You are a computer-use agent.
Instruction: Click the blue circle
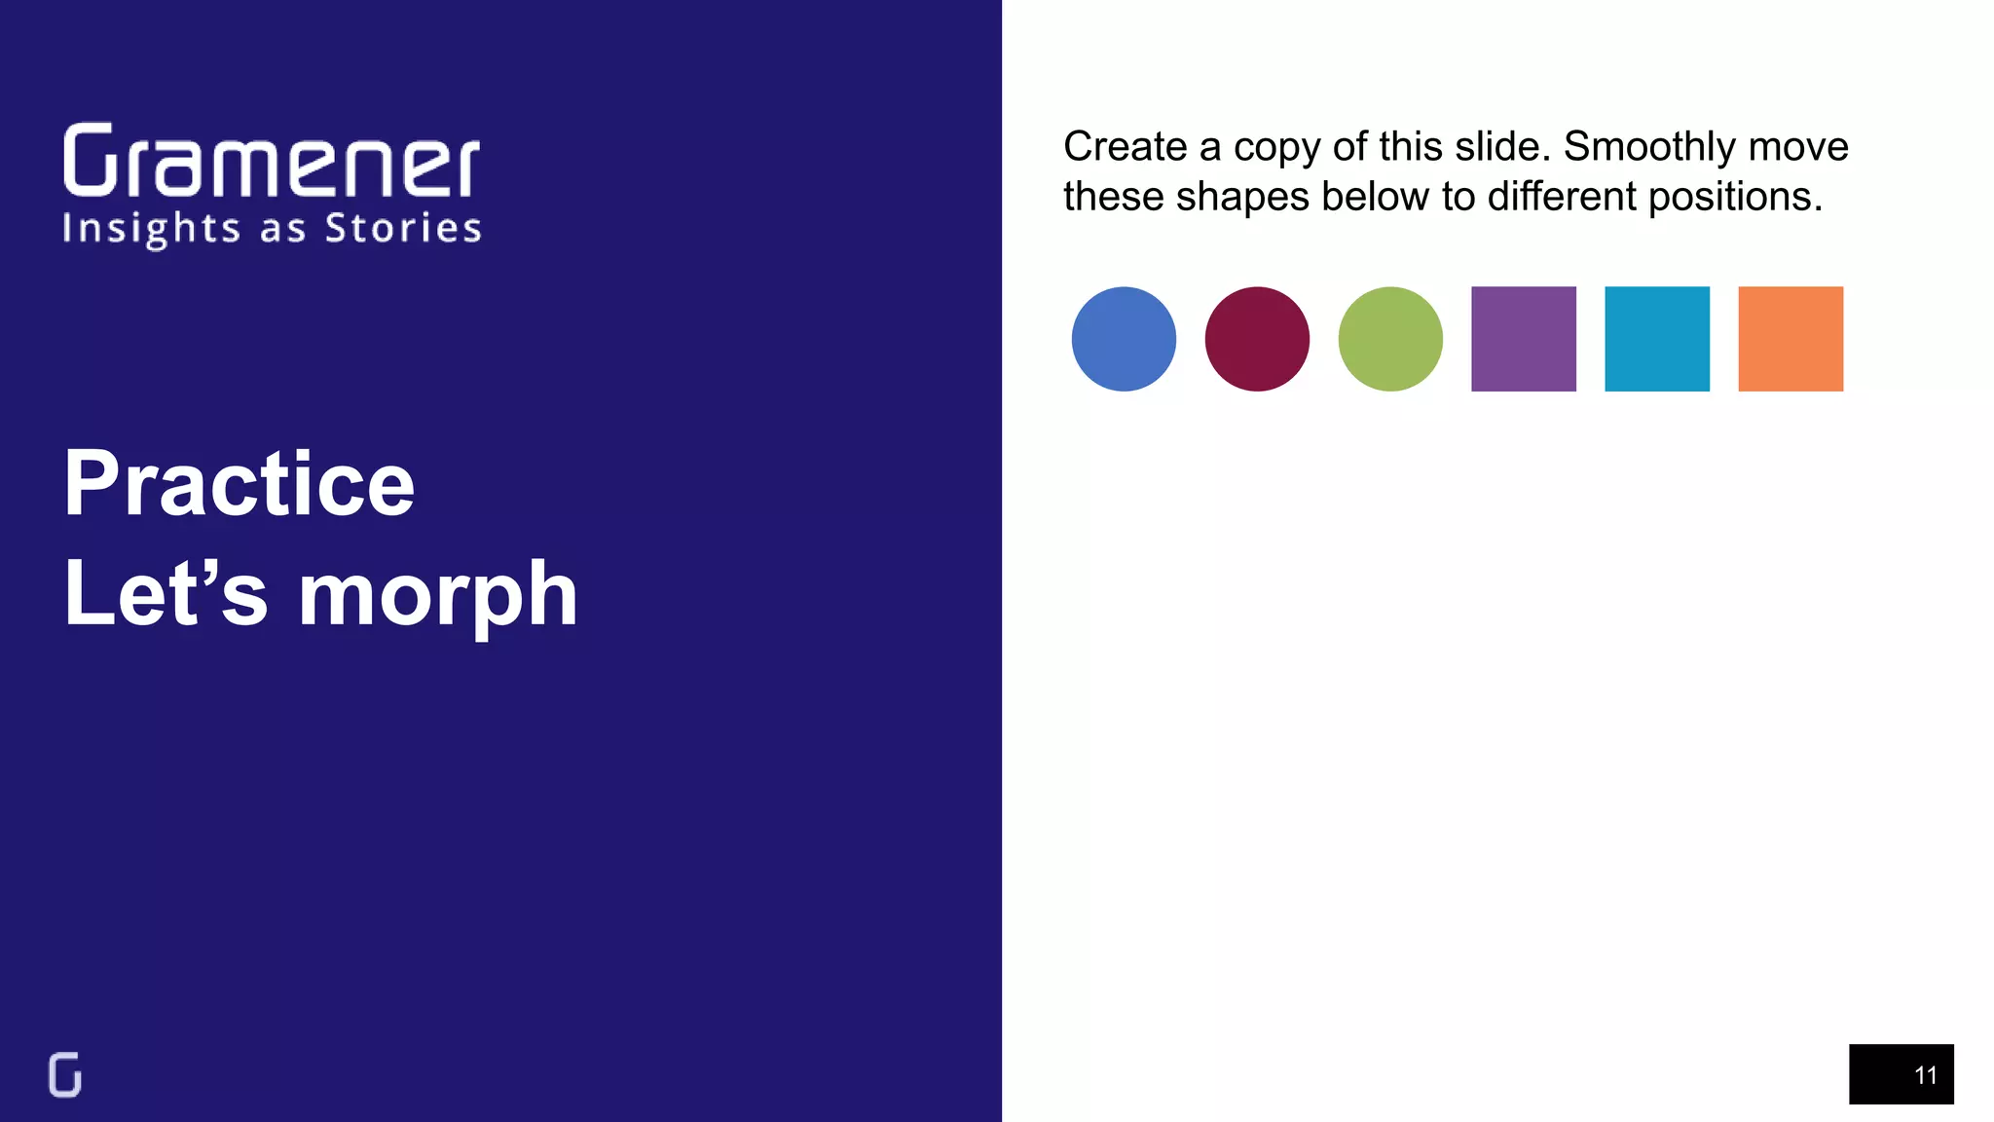pyautogui.click(x=1124, y=339)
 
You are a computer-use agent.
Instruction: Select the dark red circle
pyautogui.click(x=1257, y=339)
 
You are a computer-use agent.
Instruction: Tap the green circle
pyautogui.click(x=1390, y=339)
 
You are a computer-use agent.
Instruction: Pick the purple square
pyautogui.click(x=1524, y=339)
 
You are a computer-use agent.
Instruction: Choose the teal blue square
pyautogui.click(x=1657, y=339)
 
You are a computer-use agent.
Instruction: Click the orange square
pyautogui.click(x=1791, y=339)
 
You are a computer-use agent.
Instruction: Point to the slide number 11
pyautogui.click(x=1925, y=1075)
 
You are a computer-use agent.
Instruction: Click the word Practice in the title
pyautogui.click(x=240, y=484)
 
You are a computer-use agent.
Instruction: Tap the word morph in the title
pyautogui.click(x=438, y=595)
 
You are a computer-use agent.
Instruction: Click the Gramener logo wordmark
pyautogui.click(x=272, y=160)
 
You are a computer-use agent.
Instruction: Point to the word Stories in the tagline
pyautogui.click(x=403, y=228)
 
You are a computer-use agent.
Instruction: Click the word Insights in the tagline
pyautogui.click(x=151, y=230)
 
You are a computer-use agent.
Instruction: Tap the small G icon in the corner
pyautogui.click(x=65, y=1075)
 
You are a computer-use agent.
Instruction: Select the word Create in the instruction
pyautogui.click(x=1125, y=147)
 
